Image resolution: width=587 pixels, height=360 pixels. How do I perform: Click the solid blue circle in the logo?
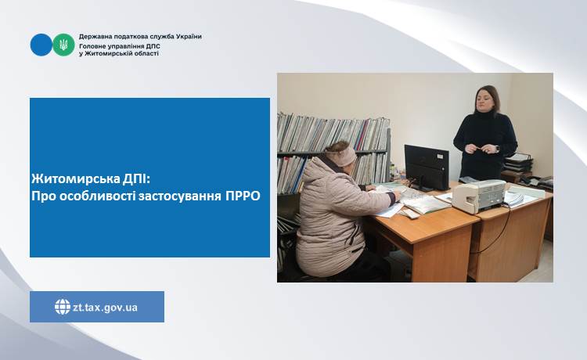point(41,45)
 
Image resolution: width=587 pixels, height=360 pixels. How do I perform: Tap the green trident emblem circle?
point(63,45)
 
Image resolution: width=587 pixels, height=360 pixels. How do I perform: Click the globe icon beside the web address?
point(63,307)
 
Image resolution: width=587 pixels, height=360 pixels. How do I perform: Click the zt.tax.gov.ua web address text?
point(105,308)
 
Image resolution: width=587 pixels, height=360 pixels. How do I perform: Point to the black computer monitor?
point(427,167)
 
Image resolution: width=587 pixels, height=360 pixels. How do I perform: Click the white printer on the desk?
point(479,196)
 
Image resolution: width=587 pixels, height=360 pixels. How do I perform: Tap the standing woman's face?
point(485,100)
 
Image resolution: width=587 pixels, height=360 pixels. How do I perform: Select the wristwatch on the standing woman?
point(497,149)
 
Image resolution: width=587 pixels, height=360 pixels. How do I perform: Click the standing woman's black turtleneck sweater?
point(485,144)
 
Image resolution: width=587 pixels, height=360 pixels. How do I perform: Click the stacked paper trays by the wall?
point(518,163)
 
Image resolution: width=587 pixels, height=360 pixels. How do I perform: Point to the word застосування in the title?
point(180,196)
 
